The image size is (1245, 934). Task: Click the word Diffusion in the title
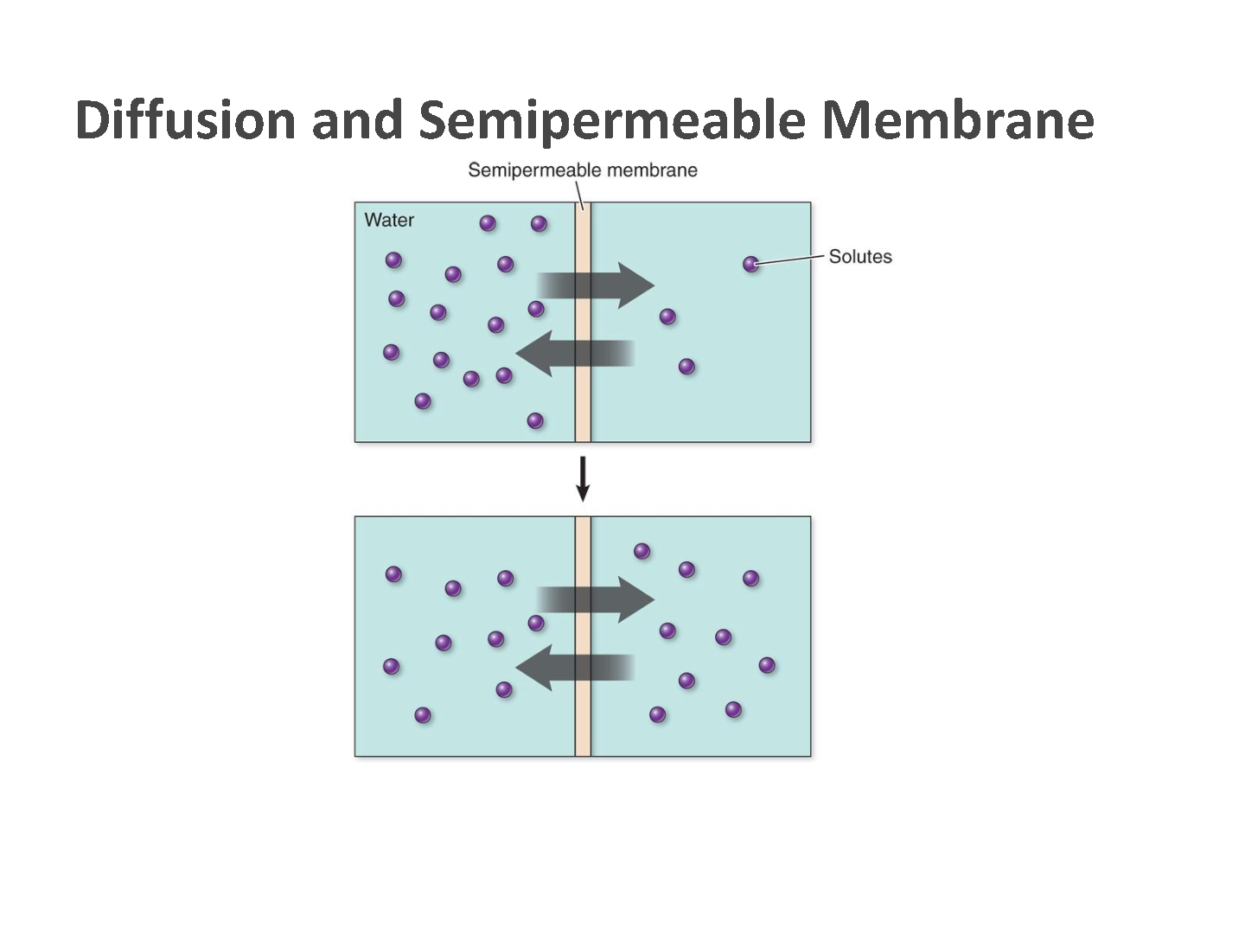tap(185, 119)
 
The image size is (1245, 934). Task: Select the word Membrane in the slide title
tap(957, 119)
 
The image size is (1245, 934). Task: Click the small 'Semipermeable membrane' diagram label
tap(582, 170)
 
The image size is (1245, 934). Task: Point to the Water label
tap(389, 221)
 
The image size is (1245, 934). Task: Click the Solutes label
tap(859, 257)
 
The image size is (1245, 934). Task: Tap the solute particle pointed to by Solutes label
tap(751, 264)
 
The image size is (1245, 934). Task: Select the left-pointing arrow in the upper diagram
tap(574, 353)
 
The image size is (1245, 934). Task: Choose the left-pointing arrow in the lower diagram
tap(574, 667)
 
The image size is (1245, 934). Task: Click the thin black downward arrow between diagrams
tap(583, 478)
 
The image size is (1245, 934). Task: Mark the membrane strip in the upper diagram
tap(583, 406)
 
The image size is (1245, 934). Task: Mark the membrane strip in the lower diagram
tap(583, 726)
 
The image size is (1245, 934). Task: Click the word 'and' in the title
tap(357, 119)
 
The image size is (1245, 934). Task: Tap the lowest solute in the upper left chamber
tap(535, 420)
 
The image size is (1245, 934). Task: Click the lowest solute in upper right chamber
tap(686, 367)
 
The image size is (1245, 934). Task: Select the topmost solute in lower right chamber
tap(642, 551)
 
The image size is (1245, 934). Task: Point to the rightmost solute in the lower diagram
tap(766, 665)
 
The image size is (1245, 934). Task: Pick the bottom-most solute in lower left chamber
tap(423, 715)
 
